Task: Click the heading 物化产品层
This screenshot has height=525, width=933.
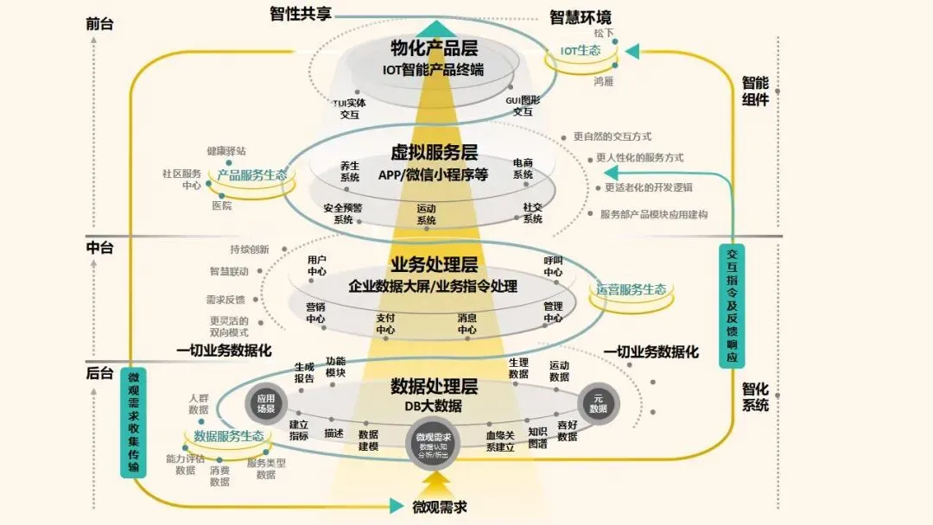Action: click(434, 48)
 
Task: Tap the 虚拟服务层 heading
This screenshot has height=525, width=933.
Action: click(434, 154)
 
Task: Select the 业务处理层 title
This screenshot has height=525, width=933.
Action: click(434, 265)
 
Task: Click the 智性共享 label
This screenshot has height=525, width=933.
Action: click(300, 14)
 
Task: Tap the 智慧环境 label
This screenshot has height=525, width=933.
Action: click(581, 16)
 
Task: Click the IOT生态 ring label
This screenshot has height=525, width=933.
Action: click(581, 51)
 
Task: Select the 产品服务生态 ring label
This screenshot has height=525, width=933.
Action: click(251, 175)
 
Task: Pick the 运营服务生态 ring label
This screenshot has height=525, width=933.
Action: click(632, 290)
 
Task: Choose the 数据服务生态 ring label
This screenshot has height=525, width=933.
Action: click(229, 436)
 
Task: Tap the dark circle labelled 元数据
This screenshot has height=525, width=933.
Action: click(598, 403)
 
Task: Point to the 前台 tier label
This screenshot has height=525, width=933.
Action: click(99, 24)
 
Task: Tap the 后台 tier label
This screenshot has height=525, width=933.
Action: click(99, 373)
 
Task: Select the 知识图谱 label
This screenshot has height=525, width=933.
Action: click(537, 438)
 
